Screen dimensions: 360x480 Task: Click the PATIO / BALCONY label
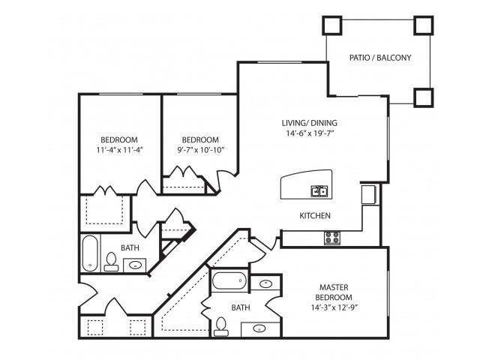(x=379, y=58)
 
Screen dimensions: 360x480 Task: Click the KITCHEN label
(x=315, y=216)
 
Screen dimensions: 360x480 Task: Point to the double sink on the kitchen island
(x=319, y=191)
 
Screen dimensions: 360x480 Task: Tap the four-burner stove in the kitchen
(x=331, y=238)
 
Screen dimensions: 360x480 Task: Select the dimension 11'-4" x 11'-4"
(x=119, y=150)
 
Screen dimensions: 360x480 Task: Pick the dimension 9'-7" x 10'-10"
(x=200, y=150)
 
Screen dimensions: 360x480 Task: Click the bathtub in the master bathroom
(x=229, y=282)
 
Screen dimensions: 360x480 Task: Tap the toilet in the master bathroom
(x=221, y=325)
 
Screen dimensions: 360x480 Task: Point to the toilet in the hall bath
(x=111, y=261)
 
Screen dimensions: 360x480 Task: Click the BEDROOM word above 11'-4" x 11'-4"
(x=119, y=139)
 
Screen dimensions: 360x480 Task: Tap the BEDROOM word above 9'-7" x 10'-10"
(x=200, y=139)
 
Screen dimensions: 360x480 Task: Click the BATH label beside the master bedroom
(x=241, y=307)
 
